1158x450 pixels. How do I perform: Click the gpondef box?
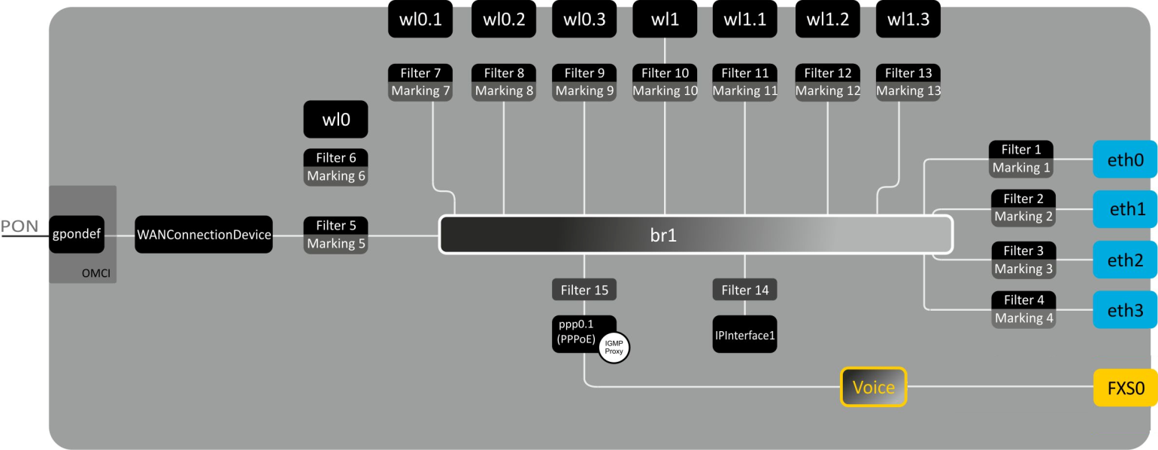(77, 234)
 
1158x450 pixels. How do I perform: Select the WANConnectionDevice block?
(204, 234)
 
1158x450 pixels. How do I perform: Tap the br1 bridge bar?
(696, 234)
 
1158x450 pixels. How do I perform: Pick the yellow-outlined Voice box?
(873, 388)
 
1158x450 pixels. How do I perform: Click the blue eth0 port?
(1125, 160)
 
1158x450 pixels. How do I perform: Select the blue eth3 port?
(1125, 309)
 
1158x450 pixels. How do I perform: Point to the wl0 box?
(335, 120)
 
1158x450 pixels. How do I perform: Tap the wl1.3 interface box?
(908, 20)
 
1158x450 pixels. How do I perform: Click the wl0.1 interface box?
(420, 20)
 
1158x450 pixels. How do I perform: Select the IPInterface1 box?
(744, 335)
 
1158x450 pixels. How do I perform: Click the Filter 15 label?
(584, 289)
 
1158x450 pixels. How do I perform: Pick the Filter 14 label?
(744, 289)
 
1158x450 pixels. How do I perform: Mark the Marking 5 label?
(335, 244)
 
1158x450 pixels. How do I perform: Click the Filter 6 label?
(335, 157)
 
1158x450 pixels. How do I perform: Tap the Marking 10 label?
(665, 91)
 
